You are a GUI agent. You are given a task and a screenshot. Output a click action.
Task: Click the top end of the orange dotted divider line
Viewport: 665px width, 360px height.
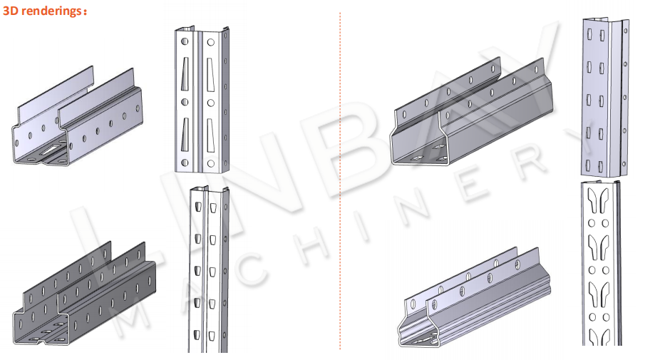pos(340,13)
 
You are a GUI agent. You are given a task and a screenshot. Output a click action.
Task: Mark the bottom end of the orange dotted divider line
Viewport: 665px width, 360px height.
pos(340,349)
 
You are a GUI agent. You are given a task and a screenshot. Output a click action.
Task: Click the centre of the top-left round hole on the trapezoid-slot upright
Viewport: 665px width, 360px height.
pos(185,41)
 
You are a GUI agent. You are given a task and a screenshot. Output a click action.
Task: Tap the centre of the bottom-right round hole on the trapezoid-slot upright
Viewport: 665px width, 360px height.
pos(211,163)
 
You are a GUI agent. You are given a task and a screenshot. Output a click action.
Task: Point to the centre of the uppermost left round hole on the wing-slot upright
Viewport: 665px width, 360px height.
pos(592,223)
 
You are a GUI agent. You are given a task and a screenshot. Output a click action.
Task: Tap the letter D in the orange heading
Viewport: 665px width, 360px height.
pos(14,11)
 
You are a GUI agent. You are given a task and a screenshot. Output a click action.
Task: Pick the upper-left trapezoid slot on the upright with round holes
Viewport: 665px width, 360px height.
pos(185,73)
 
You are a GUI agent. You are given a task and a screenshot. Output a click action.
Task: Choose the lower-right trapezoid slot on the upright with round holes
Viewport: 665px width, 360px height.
pos(211,135)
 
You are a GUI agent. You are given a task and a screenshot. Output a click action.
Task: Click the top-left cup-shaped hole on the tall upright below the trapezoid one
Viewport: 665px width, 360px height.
pos(197,207)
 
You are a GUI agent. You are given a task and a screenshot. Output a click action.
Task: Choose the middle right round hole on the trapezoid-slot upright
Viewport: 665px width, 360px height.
pos(211,103)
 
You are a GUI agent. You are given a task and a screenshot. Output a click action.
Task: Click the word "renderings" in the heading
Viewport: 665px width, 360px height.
pos(51,11)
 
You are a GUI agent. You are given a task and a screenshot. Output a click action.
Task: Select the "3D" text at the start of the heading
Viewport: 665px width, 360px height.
pos(11,11)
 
